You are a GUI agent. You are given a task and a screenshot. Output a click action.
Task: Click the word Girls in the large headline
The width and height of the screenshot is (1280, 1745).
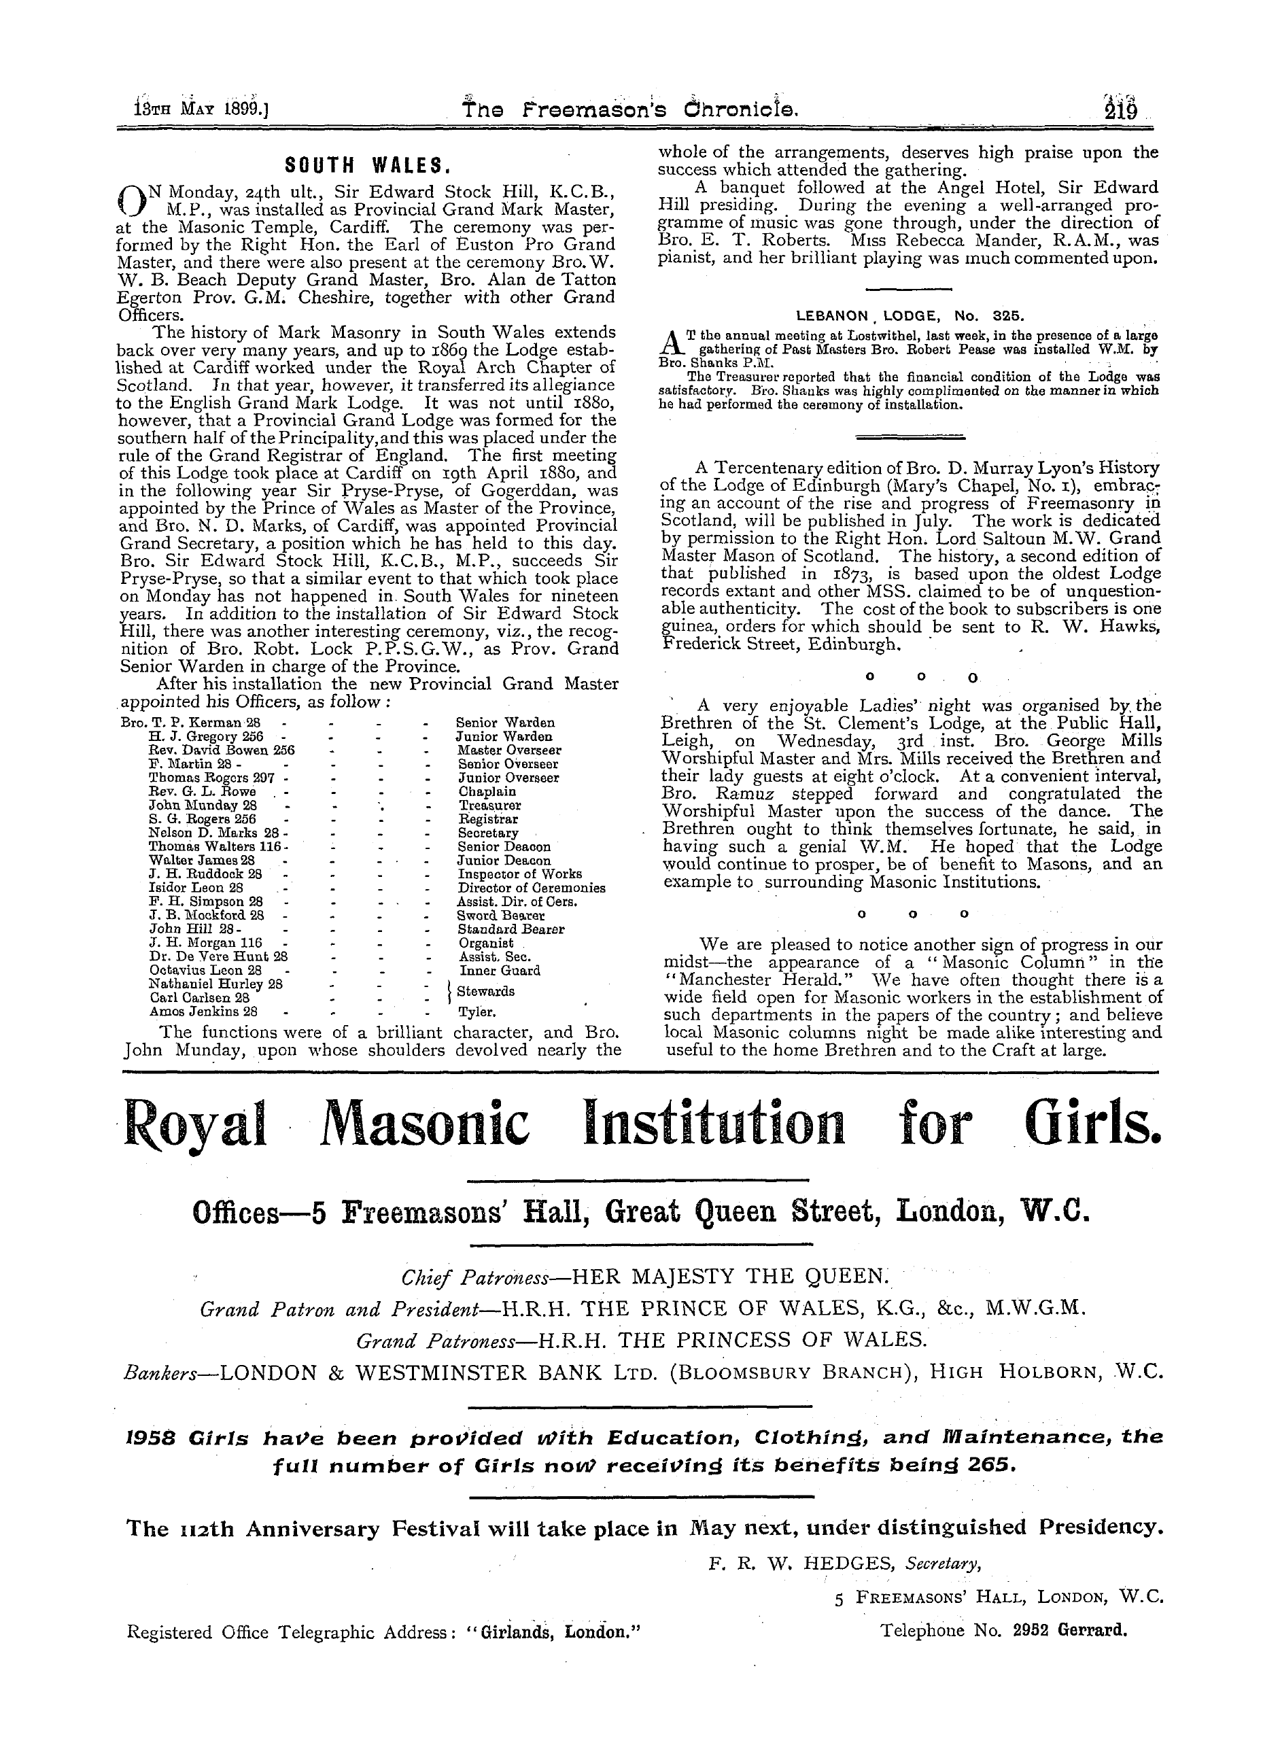pos(1093,1124)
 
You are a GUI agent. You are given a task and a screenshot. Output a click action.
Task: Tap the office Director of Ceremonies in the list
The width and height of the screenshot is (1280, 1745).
pos(531,888)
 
